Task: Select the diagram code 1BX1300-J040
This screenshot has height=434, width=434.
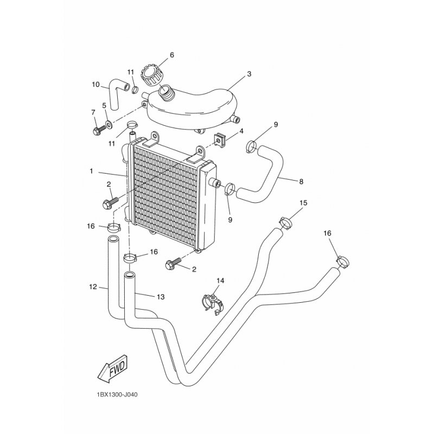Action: tap(117, 395)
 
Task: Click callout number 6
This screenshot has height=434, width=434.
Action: tap(172, 55)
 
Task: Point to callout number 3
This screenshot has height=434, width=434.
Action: tap(249, 74)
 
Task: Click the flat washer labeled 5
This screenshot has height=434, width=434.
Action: tap(109, 123)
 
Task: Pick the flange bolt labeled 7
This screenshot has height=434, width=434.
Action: tap(99, 131)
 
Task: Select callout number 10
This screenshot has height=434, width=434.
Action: tap(95, 84)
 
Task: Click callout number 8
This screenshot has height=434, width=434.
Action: tap(301, 181)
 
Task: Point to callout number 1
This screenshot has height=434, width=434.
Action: tap(91, 171)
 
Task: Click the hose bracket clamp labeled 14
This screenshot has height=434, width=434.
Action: tap(213, 304)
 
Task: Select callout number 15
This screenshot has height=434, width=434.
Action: tap(303, 203)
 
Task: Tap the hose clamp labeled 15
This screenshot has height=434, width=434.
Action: tap(286, 223)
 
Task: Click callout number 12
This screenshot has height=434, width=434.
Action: tap(93, 287)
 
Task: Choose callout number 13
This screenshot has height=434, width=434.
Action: tap(161, 297)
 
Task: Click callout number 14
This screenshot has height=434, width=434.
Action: tap(220, 280)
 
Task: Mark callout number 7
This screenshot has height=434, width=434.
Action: tap(93, 112)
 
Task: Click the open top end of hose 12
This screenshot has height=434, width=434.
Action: tap(113, 239)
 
